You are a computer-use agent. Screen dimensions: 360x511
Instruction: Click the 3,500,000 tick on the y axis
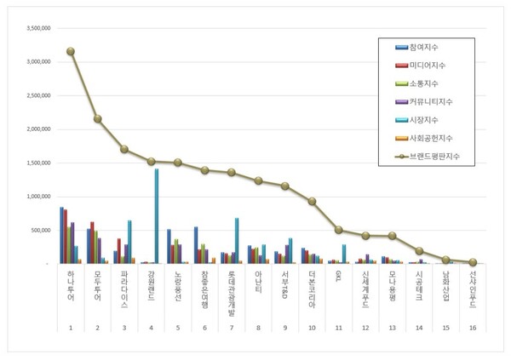tap(37, 27)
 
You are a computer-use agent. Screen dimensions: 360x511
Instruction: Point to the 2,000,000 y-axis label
tap(37, 129)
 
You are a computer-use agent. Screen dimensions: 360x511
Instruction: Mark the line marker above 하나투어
tap(71, 51)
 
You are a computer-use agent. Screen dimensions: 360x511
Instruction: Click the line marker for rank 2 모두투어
tap(97, 118)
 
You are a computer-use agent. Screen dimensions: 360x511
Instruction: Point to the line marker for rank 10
tap(313, 202)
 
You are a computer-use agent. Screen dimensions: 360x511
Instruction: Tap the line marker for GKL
tap(339, 230)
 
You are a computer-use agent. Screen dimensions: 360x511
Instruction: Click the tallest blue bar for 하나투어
tap(61, 235)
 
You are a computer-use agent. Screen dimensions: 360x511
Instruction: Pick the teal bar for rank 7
tap(236, 241)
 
